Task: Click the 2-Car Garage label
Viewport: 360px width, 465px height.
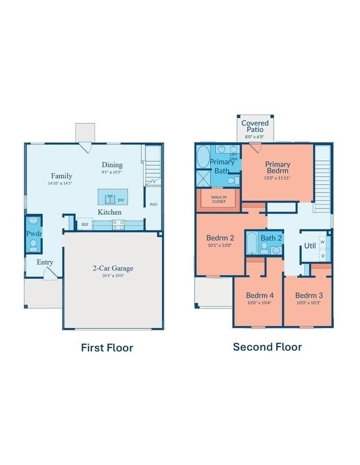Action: (113, 268)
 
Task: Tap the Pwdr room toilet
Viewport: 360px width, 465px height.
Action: (33, 245)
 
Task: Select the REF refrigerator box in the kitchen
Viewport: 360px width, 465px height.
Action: (85, 224)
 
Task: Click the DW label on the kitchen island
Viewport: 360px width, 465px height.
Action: (121, 200)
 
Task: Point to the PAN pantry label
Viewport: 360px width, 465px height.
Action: (154, 204)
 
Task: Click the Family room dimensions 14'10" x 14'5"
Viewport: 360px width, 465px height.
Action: (60, 183)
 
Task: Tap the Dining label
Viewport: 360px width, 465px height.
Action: (112, 164)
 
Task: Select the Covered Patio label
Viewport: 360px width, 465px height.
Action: (255, 126)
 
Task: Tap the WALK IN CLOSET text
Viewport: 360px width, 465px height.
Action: (219, 199)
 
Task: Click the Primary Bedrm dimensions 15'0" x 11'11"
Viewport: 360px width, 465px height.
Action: (277, 178)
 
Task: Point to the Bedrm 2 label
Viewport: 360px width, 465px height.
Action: (220, 237)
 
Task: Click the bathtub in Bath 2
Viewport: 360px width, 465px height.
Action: (252, 243)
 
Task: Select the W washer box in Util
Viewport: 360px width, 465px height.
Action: (323, 242)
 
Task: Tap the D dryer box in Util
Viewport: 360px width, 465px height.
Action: (323, 255)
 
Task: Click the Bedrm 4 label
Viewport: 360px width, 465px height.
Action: (260, 295)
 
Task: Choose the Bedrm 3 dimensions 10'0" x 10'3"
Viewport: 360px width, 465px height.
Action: (308, 303)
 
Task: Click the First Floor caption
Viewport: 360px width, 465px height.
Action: (107, 347)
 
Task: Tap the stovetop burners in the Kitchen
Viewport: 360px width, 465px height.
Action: (119, 225)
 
